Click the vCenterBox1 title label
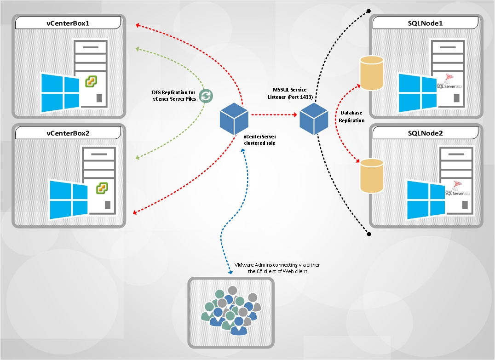tap(68, 23)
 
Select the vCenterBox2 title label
tap(68, 133)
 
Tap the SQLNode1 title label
tap(425, 23)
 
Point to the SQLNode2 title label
tap(425, 133)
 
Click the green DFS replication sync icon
tap(206, 95)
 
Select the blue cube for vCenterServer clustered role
tap(234, 117)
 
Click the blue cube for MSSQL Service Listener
tap(314, 119)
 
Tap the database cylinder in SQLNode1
tap(372, 73)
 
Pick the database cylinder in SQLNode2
tap(372, 176)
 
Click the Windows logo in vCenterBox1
tap(59, 92)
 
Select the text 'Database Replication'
tap(351, 116)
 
